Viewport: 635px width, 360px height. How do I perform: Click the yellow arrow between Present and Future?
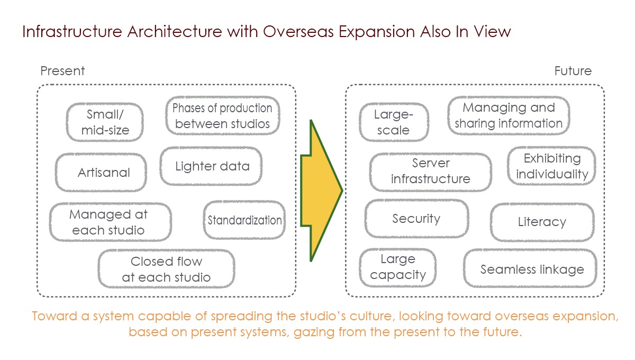point(321,191)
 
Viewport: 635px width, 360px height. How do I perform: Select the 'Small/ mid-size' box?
point(105,122)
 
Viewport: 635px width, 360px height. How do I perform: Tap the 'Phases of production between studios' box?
point(223,116)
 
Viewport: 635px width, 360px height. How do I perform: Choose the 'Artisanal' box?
point(101,173)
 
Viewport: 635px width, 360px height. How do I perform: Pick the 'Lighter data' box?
point(211,166)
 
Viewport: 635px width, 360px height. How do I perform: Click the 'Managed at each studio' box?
point(110,222)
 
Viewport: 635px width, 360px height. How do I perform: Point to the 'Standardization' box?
point(244,220)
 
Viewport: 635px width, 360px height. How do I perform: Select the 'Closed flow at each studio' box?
point(166,269)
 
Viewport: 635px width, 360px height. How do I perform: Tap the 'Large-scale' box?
point(394,122)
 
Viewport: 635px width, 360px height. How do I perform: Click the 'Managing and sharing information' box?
point(509,116)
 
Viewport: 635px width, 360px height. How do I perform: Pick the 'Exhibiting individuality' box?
point(551,166)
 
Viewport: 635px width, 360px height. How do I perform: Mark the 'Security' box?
point(417,219)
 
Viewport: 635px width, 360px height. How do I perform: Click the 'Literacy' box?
point(542,222)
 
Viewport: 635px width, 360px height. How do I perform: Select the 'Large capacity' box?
point(398,268)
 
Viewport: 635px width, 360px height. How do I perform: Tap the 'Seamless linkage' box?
point(530,268)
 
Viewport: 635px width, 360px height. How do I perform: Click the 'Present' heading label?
point(62,71)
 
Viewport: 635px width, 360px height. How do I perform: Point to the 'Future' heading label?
point(573,71)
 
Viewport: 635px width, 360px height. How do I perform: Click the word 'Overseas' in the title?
point(298,31)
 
